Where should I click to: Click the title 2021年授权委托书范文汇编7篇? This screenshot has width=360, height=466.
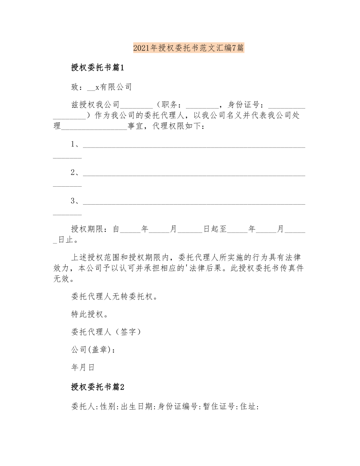pyautogui.click(x=189, y=48)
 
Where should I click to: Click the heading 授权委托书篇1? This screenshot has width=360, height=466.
pyautogui.click(x=97, y=68)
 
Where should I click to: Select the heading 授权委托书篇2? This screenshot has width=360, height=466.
pyautogui.click(x=97, y=387)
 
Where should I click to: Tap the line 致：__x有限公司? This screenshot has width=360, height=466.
pyautogui.click(x=101, y=87)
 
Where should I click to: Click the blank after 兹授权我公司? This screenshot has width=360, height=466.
pyautogui.click(x=137, y=105)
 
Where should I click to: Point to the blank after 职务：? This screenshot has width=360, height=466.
pyautogui.click(x=202, y=105)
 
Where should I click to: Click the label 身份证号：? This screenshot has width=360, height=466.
pyautogui.click(x=248, y=104)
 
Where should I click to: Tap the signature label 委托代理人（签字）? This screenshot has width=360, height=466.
pyautogui.click(x=106, y=332)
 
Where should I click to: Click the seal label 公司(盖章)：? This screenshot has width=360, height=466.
pyautogui.click(x=94, y=350)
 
